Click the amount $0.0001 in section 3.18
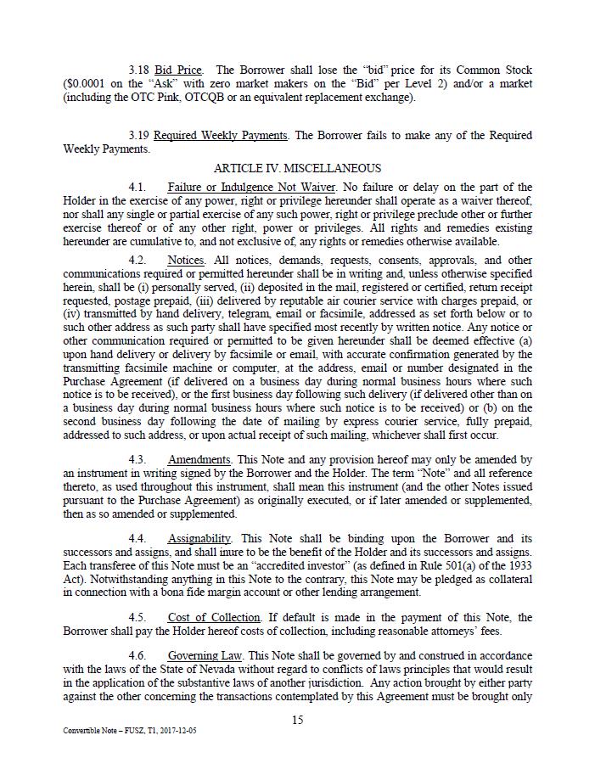pyautogui.click(x=90, y=83)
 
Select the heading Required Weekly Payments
pyautogui.click(x=221, y=136)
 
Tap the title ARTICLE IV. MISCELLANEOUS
pyautogui.click(x=297, y=168)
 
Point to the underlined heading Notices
pyautogui.click(x=186, y=260)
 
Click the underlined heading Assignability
pyautogui.click(x=199, y=538)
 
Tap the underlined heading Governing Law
pyautogui.click(x=202, y=656)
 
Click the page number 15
pyautogui.click(x=297, y=720)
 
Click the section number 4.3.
pyautogui.click(x=138, y=459)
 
